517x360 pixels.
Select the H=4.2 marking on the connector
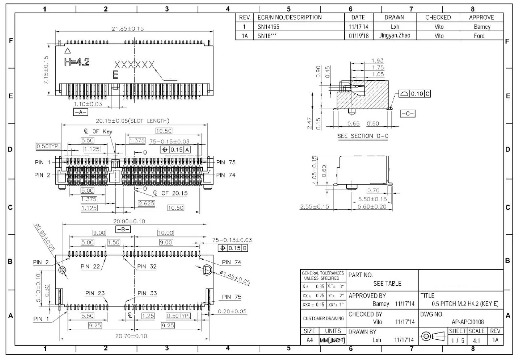(77, 62)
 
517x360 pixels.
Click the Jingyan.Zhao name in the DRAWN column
(394, 36)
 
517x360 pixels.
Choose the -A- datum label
(80, 112)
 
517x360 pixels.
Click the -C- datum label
(408, 113)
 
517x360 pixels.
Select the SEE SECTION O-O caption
(363, 136)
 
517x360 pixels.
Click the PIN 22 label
(91, 266)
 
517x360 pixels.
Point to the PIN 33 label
(147, 293)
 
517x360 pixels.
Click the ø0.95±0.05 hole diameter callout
(44, 239)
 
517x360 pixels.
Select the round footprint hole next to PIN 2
(62, 270)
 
